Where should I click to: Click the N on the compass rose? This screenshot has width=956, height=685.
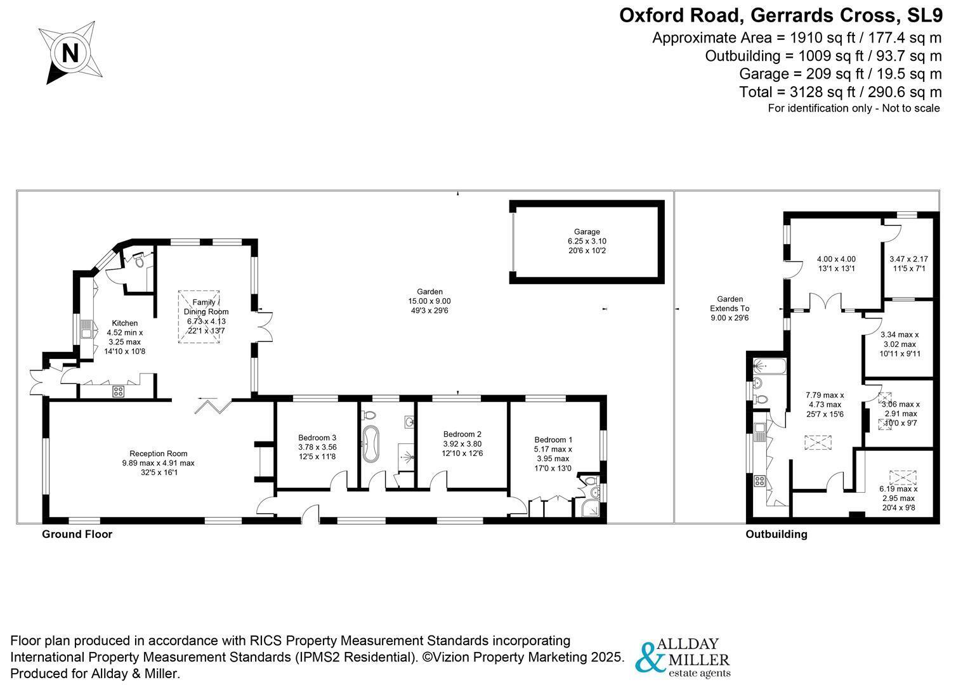click(70, 54)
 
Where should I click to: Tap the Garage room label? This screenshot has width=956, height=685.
click(587, 232)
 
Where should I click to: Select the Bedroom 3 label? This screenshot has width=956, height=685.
click(317, 438)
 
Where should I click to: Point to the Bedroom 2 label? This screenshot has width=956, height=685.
click(462, 434)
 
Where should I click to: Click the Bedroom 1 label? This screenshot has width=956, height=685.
click(553, 440)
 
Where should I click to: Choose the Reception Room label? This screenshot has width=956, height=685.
click(159, 453)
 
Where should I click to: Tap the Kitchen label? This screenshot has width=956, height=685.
click(124, 323)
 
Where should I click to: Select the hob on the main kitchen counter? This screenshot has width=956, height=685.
click(118, 391)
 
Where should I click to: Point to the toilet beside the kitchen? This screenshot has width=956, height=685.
click(138, 260)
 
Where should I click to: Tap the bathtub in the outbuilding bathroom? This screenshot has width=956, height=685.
click(769, 366)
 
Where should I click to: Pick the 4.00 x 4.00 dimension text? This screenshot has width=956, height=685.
click(836, 259)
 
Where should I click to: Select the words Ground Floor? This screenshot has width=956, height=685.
click(77, 534)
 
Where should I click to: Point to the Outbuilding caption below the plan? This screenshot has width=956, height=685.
click(776, 534)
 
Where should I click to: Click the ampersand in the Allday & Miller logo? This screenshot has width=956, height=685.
click(650, 658)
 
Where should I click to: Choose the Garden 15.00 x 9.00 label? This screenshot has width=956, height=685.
click(429, 301)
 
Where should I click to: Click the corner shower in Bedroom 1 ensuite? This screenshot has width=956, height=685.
click(591, 508)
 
